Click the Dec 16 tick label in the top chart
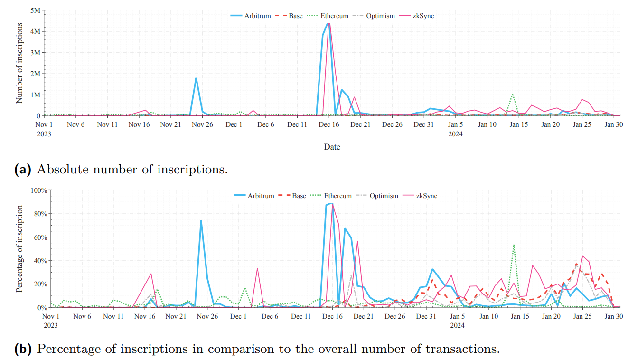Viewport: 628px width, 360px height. pyautogui.click(x=329, y=125)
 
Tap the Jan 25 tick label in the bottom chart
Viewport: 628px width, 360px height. pyautogui.click(x=582, y=317)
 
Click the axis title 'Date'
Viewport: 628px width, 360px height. pyautogui.click(x=332, y=147)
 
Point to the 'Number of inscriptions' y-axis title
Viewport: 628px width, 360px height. pyautogui.click(x=19, y=63)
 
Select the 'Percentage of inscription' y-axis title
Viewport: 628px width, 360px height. pyautogui.click(x=19, y=248)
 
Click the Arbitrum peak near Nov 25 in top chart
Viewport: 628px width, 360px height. pyautogui.click(x=196, y=78)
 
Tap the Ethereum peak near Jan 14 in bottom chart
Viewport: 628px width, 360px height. pyautogui.click(x=514, y=245)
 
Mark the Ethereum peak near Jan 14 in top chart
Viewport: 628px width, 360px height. pyautogui.click(x=512, y=94)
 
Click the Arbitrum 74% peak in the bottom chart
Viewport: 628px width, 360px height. pyautogui.click(x=201, y=221)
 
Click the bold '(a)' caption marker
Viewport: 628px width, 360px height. pyautogui.click(x=23, y=169)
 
